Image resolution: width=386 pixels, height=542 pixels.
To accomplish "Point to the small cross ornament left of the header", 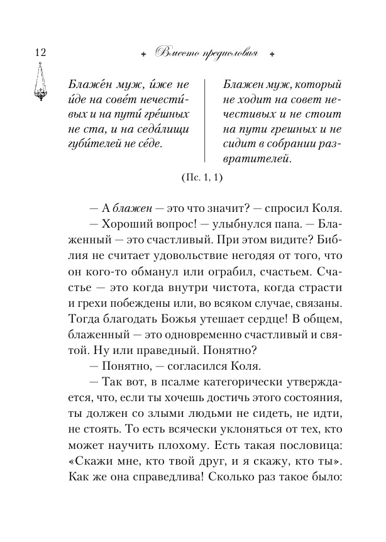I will pos(144,54).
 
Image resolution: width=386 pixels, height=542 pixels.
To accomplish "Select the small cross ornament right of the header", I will pos(272,54).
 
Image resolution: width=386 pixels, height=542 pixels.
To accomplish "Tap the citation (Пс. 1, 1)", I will pos(201,178).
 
